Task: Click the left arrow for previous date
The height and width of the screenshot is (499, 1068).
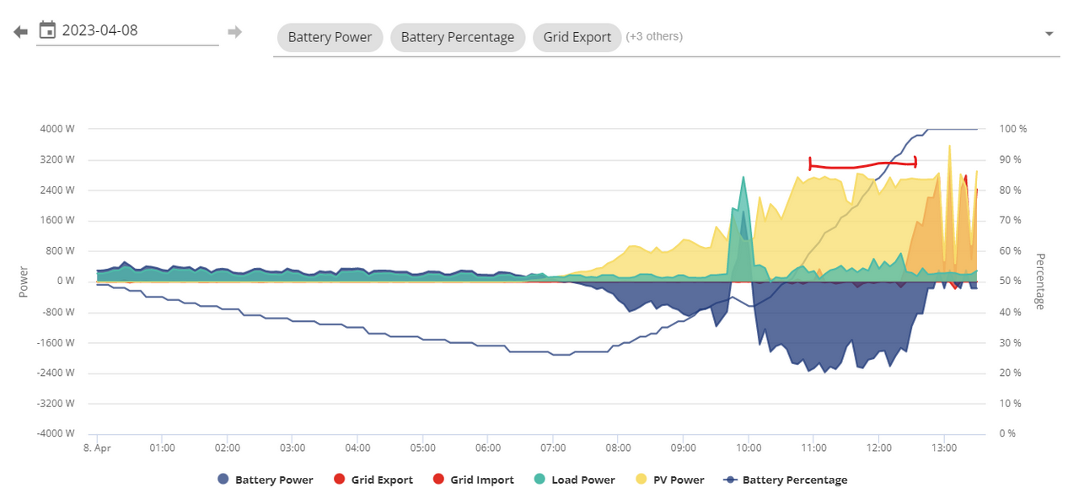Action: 20,32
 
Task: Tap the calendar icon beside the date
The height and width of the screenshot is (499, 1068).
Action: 47,30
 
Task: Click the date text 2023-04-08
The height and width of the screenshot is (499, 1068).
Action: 100,30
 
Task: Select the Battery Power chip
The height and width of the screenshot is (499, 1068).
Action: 330,37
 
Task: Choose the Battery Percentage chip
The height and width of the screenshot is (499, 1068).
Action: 458,37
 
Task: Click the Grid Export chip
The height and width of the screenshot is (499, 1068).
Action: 577,37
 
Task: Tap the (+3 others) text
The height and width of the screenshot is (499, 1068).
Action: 654,37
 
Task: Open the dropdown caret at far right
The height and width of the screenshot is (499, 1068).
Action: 1049,34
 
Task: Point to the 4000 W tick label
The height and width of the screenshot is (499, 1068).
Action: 57,129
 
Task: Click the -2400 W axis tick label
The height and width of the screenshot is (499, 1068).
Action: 56,373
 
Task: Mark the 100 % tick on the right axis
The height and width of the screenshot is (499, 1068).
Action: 1013,129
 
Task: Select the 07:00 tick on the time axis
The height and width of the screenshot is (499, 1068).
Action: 553,448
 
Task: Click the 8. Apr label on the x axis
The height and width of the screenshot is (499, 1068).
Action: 97,448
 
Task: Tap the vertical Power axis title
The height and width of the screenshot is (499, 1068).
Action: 24,282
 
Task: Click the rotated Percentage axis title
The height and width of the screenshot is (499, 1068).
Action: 1040,282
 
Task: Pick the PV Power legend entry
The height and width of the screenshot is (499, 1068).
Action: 670,480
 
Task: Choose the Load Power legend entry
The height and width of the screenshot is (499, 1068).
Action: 574,480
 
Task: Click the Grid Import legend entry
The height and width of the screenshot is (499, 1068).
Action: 473,480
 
